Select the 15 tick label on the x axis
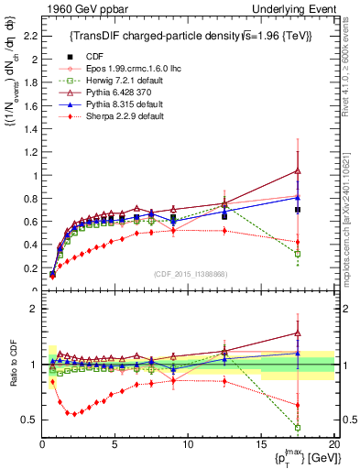[x=261, y=444]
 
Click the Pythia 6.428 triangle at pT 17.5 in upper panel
[x=298, y=170]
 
